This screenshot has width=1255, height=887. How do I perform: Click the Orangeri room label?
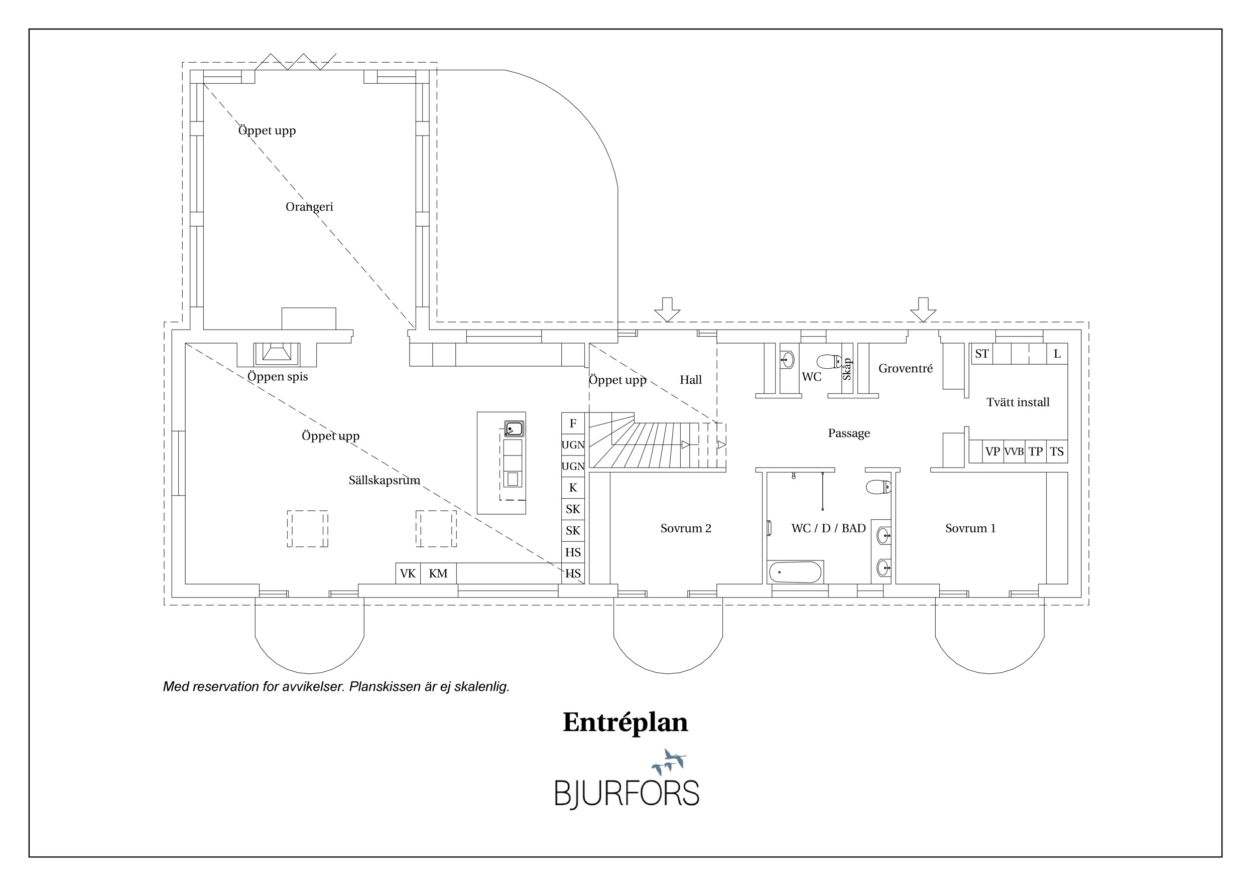(x=309, y=207)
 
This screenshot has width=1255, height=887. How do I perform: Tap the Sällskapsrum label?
(x=384, y=481)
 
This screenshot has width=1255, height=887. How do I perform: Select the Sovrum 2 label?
(x=686, y=528)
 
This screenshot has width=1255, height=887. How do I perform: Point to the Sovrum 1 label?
(x=971, y=528)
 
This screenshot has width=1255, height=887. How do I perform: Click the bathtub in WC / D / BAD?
(x=795, y=572)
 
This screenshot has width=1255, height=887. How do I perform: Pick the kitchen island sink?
(x=514, y=429)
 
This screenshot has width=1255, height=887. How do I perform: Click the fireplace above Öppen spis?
(x=277, y=354)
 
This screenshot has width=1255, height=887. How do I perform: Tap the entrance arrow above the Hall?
(x=667, y=310)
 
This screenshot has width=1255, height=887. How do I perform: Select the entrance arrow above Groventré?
(x=923, y=310)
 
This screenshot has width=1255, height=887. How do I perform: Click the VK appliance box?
(x=408, y=573)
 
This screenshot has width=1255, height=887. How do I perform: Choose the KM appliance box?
(x=438, y=573)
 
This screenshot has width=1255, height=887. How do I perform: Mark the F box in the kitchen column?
(x=573, y=423)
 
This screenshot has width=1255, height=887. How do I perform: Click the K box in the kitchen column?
(x=573, y=488)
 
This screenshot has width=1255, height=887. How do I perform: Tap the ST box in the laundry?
(x=982, y=354)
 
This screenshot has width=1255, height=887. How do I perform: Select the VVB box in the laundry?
(x=1014, y=452)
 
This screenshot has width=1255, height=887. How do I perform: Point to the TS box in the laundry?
(x=1057, y=452)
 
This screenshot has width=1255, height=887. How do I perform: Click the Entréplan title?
(x=625, y=722)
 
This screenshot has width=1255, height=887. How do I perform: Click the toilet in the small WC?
(x=829, y=361)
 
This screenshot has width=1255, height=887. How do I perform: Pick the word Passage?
(x=849, y=433)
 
